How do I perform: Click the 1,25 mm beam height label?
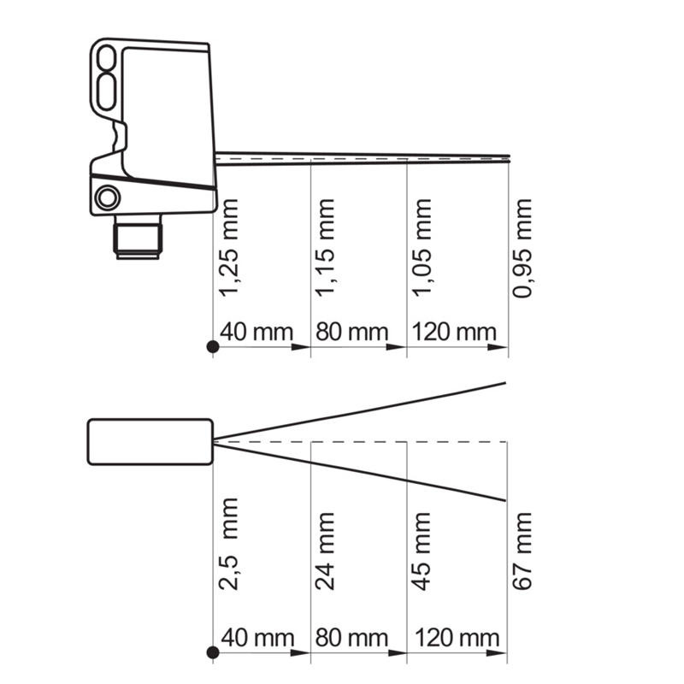(x=228, y=248)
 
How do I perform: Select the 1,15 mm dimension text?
(x=325, y=248)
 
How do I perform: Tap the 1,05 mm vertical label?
(x=422, y=248)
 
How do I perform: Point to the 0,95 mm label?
(x=522, y=249)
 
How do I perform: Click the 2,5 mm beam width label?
(x=228, y=544)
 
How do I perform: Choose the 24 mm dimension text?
(x=325, y=551)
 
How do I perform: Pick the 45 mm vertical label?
(x=422, y=551)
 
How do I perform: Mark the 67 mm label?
(x=522, y=551)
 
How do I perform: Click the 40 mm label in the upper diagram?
(x=256, y=332)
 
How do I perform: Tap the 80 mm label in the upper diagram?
(x=352, y=332)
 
